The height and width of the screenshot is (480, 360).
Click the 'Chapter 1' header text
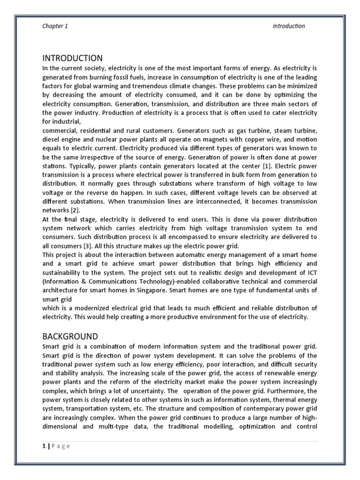pos(55,26)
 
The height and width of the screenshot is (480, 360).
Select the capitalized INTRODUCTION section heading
pos(72,58)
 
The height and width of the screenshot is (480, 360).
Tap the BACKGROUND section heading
pos(70,336)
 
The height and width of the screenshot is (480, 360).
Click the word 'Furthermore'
pos(287,390)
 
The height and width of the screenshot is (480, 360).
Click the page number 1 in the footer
pos(43,446)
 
